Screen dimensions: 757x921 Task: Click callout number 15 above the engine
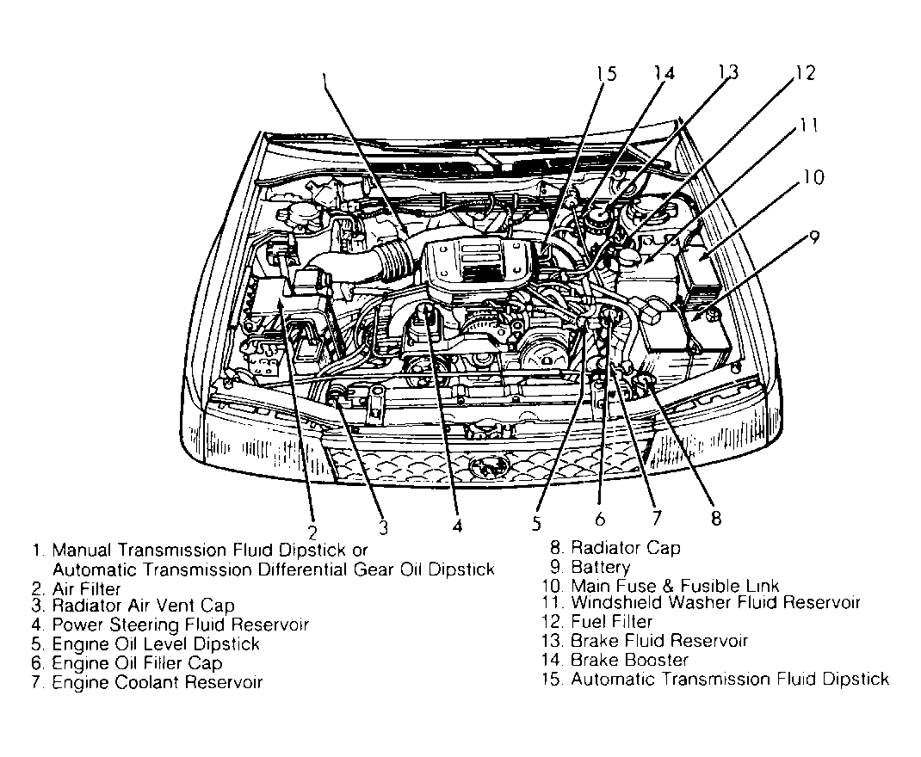point(605,74)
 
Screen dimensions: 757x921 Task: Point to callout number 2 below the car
point(312,531)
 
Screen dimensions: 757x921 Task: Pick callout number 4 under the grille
point(457,524)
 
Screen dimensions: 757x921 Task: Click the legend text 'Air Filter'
point(86,588)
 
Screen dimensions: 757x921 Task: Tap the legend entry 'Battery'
point(600,567)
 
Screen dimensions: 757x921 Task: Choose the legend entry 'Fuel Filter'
point(611,622)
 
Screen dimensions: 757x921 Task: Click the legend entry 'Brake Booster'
point(629,660)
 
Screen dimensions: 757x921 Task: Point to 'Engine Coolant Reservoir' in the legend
point(157,682)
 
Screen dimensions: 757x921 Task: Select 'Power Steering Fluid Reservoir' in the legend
point(180,625)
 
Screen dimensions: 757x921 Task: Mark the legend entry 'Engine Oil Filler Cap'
point(137,663)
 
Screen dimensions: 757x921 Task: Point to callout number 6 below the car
point(600,519)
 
